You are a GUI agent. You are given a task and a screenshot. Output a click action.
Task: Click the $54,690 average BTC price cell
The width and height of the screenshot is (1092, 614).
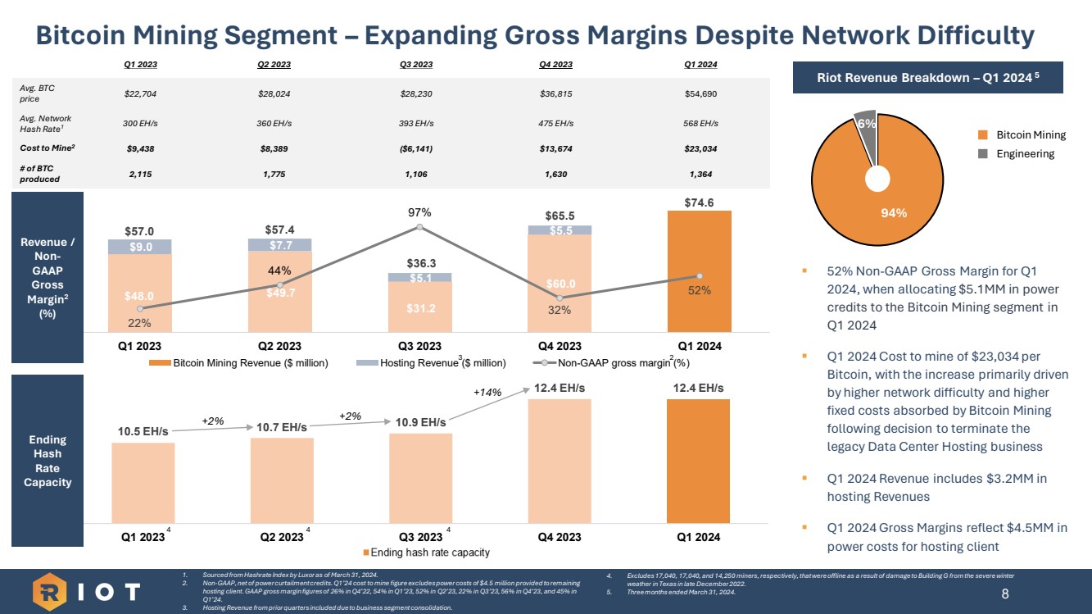(700, 93)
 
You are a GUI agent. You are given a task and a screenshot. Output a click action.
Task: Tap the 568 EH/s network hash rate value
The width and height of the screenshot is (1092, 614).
(700, 123)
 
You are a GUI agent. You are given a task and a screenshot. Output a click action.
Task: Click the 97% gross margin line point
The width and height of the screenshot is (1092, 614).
(419, 226)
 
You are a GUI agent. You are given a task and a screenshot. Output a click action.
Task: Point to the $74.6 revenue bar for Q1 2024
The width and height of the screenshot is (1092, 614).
(700, 271)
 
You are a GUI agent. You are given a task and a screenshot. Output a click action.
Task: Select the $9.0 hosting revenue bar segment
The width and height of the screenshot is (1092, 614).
(140, 247)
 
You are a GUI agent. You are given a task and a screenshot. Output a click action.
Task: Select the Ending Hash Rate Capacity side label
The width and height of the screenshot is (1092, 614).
(48, 461)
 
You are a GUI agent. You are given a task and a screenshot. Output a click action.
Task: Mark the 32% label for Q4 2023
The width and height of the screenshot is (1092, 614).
(560, 310)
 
